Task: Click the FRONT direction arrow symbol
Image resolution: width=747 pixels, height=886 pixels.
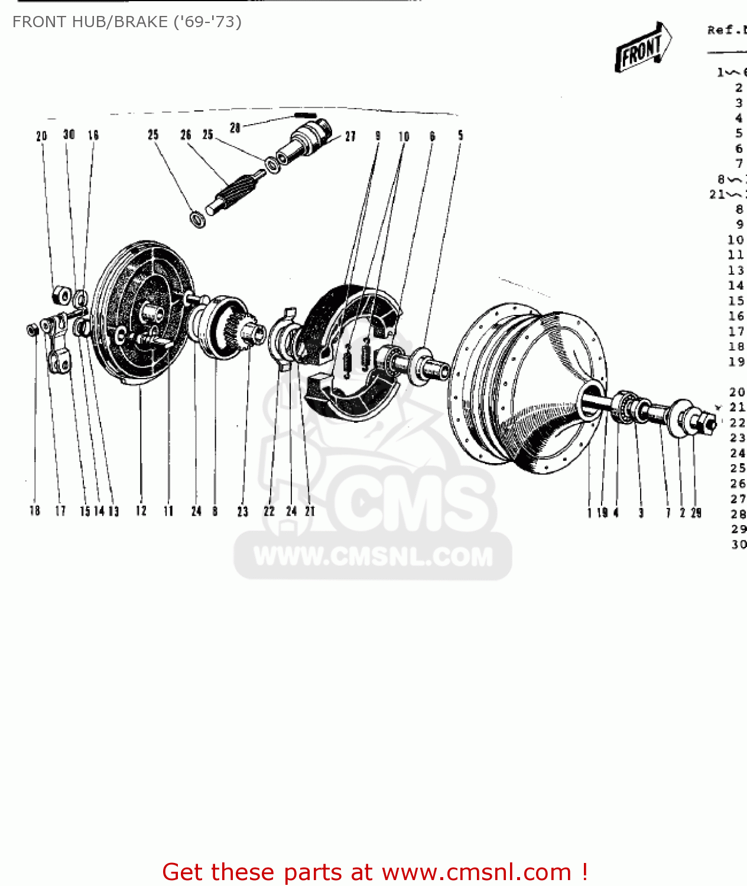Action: (x=643, y=47)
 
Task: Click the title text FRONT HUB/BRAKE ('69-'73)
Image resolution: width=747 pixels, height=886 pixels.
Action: (x=127, y=22)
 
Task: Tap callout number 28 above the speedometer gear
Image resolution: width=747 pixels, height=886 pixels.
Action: (x=235, y=128)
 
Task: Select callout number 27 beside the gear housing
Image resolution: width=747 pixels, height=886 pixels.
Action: (x=350, y=136)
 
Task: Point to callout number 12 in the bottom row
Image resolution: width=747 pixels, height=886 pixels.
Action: (x=141, y=511)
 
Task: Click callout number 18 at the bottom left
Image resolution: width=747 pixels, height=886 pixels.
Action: (x=35, y=511)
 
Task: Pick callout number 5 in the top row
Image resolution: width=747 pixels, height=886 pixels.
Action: (x=460, y=136)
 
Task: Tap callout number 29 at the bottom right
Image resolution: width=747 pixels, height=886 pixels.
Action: (x=696, y=513)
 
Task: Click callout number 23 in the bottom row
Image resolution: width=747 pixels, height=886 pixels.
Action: (x=243, y=512)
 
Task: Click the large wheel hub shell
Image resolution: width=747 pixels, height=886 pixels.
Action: (x=526, y=390)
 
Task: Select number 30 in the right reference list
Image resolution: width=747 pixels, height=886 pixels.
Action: (x=739, y=544)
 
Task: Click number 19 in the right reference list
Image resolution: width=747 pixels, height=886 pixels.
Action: (x=736, y=361)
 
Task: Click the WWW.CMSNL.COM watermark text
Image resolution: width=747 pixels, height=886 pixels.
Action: (x=373, y=556)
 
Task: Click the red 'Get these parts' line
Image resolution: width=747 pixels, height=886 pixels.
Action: (x=375, y=872)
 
